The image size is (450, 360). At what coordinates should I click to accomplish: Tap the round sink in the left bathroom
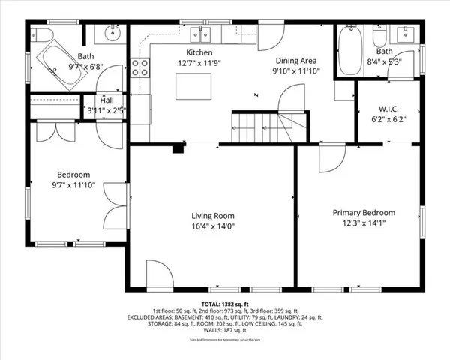click(113, 34)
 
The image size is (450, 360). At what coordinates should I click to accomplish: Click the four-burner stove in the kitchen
click(139, 68)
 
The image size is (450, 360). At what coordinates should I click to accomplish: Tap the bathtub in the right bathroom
click(349, 49)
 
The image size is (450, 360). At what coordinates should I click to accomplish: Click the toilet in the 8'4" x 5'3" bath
click(379, 36)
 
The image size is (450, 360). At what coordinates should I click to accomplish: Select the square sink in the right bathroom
click(408, 34)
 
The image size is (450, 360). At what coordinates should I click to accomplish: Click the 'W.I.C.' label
click(388, 108)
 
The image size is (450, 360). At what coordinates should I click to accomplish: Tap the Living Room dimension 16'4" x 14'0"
click(214, 226)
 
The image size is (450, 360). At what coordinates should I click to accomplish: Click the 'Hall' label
click(106, 100)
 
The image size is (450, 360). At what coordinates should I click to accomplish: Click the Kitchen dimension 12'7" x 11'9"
click(199, 63)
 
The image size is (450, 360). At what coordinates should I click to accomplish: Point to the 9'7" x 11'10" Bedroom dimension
click(73, 184)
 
